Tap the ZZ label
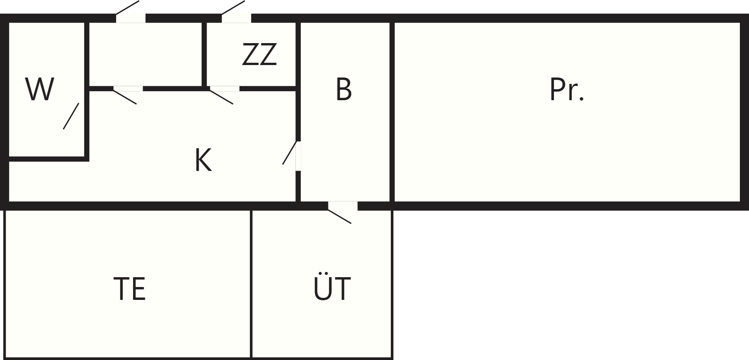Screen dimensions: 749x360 click(x=260, y=54)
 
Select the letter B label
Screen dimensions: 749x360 click(x=344, y=89)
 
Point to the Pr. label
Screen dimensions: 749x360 click(x=567, y=89)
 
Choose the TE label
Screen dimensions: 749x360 click(x=129, y=289)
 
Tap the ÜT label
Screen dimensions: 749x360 click(x=332, y=286)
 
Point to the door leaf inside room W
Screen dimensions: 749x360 click(x=71, y=116)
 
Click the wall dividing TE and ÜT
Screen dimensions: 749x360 click(x=251, y=284)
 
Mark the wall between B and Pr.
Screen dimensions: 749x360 click(x=392, y=112)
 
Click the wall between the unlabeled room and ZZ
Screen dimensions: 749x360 click(x=204, y=54)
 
